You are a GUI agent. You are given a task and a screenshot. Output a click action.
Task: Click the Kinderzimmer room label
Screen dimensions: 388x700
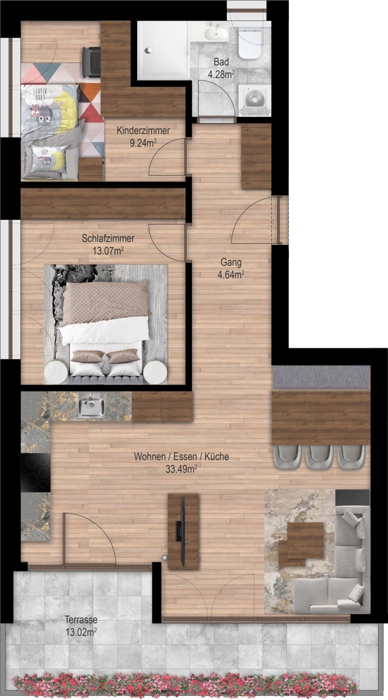143,130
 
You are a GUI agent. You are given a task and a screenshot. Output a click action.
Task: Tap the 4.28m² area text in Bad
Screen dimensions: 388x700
221,75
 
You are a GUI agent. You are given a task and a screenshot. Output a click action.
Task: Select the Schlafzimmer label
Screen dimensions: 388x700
108,238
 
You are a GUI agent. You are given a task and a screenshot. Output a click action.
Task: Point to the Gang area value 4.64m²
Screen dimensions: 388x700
230,274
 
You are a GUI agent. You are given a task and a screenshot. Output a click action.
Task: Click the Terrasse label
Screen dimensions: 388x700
81,619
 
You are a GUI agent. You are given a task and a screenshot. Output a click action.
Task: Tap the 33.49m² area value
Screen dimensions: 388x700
181,469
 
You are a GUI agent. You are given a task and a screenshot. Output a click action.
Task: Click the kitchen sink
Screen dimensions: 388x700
91,405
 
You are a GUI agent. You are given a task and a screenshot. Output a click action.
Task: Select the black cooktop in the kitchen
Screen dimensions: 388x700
36,473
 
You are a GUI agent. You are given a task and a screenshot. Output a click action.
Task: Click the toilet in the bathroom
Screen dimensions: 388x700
250,43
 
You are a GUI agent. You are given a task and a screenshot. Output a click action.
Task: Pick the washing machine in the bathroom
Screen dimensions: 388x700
255,100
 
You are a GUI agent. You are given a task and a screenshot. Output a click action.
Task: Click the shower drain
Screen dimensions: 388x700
148,50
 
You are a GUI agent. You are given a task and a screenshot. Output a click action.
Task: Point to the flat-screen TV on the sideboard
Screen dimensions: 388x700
183,531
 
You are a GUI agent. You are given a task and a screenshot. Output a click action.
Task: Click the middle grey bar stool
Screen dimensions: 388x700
319,457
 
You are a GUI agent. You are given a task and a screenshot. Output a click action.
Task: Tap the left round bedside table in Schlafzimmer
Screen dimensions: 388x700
55,372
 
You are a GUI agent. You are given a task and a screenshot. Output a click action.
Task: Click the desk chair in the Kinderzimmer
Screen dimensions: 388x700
91,62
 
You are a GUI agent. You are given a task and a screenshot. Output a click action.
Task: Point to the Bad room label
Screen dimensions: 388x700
221,62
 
